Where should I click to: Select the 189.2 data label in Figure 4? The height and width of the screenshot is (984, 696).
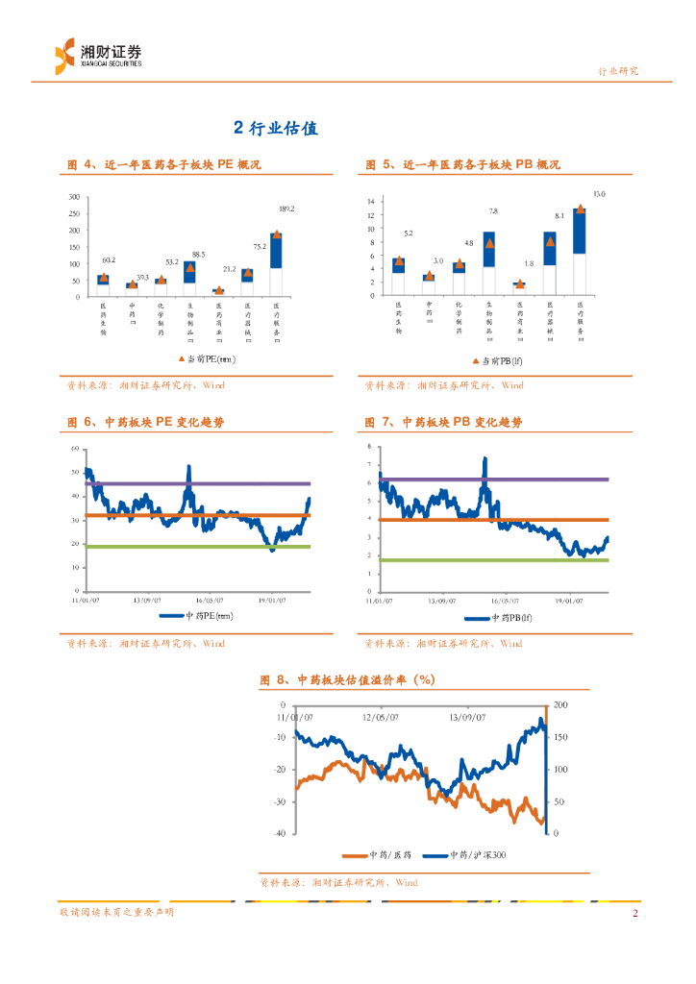[286, 209]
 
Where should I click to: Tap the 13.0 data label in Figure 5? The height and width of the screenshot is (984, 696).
[599, 194]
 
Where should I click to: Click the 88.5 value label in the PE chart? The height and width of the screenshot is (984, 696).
[198, 254]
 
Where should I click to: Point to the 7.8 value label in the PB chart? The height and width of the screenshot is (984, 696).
[493, 210]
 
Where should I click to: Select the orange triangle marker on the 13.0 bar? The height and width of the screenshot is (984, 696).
[580, 209]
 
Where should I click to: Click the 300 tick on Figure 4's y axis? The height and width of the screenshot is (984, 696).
[74, 197]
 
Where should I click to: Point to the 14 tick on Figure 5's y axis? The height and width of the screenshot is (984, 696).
[370, 201]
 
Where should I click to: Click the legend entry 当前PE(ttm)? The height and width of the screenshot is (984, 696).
[207, 359]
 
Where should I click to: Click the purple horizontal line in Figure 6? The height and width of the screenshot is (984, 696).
[192, 483]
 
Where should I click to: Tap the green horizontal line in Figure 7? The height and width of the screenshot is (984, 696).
[490, 560]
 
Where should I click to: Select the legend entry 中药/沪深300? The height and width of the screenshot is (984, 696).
[467, 854]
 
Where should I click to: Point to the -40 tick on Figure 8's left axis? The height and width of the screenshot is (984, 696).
[280, 833]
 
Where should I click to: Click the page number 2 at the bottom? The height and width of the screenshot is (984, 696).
[634, 913]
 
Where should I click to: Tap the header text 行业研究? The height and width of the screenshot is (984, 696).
[617, 71]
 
